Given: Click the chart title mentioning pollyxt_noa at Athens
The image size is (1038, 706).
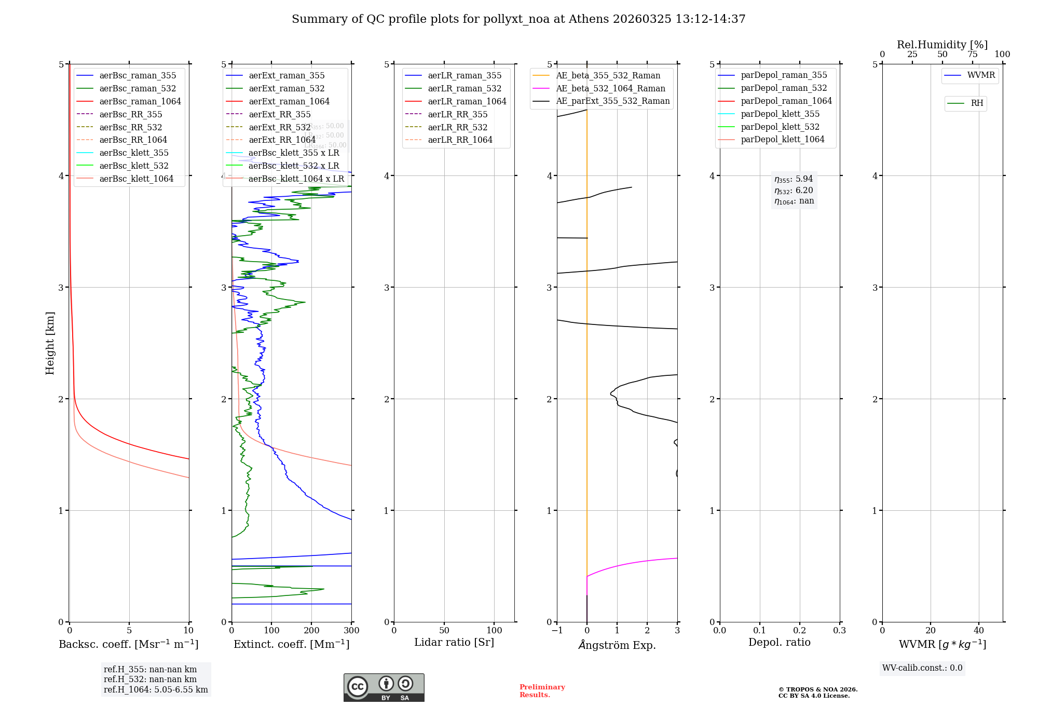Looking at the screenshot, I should (518, 19).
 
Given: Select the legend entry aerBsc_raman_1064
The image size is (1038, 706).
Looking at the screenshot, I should (140, 101).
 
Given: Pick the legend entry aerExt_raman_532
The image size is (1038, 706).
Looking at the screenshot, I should (286, 88).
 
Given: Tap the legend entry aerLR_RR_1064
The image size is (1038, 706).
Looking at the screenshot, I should (460, 140).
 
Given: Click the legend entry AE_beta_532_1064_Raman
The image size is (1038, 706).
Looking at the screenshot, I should (610, 88).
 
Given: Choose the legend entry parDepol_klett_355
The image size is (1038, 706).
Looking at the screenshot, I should (780, 114).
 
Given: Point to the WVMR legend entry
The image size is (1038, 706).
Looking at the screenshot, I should (980, 75).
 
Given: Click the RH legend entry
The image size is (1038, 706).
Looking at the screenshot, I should (977, 103).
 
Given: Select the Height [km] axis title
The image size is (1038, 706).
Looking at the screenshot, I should (50, 343).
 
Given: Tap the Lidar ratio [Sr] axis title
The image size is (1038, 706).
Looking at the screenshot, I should (454, 643).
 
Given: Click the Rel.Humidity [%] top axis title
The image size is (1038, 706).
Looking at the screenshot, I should (942, 45).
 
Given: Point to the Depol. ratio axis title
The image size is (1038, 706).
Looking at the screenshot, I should (779, 643).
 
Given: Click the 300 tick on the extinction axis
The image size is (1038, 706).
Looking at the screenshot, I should (352, 631).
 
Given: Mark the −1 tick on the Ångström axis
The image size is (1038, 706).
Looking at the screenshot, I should (557, 631).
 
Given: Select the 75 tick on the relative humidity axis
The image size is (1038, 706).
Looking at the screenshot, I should (972, 55).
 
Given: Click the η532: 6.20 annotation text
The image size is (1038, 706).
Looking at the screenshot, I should (794, 191).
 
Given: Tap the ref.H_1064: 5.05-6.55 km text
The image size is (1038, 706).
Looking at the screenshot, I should (156, 690).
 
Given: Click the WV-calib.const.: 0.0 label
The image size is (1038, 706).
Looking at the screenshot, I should (922, 668).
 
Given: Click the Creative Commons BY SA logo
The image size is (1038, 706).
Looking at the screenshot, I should (384, 688).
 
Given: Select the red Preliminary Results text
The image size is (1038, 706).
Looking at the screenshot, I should (542, 691).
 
